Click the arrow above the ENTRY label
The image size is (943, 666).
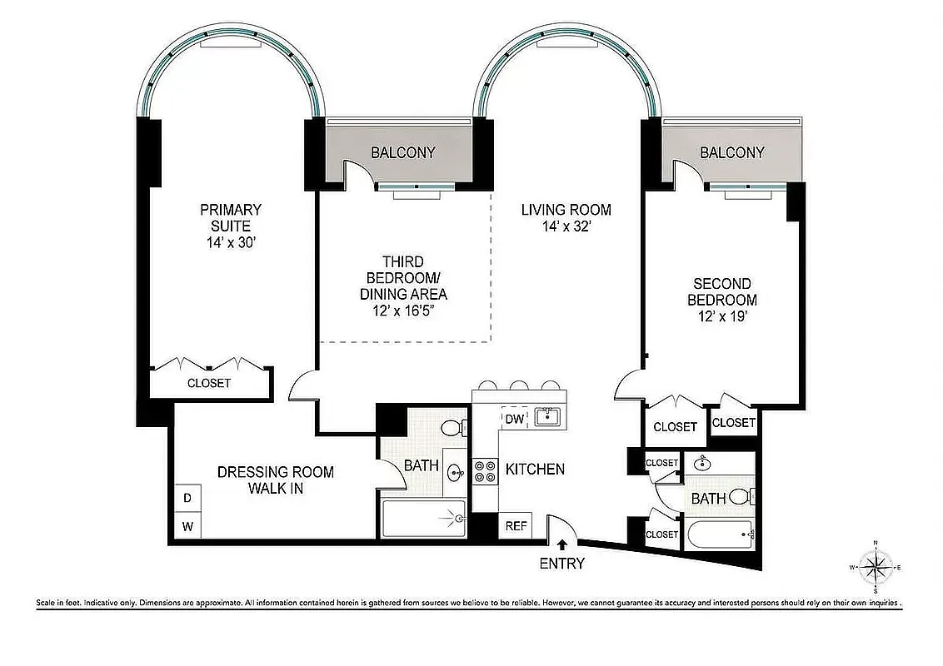[562, 544]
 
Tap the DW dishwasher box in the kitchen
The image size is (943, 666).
[514, 419]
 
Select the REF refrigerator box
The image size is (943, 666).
[516, 526]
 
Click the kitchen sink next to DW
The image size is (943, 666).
[546, 416]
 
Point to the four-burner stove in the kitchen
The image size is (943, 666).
[484, 472]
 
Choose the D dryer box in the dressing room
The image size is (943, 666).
[187, 498]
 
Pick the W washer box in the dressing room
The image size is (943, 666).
[187, 526]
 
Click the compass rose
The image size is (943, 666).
[875, 568]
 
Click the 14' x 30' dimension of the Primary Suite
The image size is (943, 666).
[230, 242]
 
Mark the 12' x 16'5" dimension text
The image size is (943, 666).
[403, 311]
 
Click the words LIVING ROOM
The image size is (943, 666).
[566, 210]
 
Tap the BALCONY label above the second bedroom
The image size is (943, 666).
[731, 152]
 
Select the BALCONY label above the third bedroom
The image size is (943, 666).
[402, 152]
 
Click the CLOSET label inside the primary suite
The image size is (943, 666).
[209, 383]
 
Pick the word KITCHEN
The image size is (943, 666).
[535, 470]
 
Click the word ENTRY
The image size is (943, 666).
[561, 564]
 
